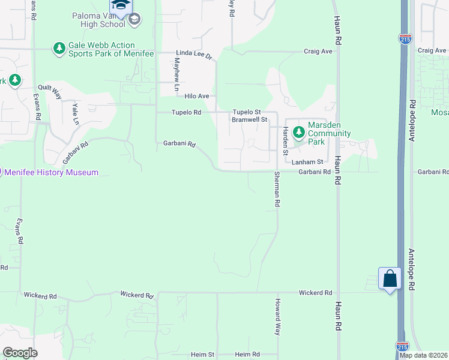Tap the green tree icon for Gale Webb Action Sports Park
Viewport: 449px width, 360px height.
coord(59,49)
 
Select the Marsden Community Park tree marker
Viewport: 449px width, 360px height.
coord(298,131)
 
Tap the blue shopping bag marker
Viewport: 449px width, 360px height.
coord(390,278)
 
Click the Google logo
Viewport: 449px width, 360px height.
coord(20,353)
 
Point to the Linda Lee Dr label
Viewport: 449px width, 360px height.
coord(194,54)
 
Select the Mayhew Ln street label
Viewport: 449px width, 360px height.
coord(177,74)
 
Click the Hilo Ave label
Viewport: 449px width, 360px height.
coord(197,96)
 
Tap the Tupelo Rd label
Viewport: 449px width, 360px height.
coord(186,112)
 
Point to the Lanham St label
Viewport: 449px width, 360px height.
coord(307,162)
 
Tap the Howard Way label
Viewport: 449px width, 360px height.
coord(277,316)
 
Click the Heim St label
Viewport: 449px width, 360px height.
coord(203,355)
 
